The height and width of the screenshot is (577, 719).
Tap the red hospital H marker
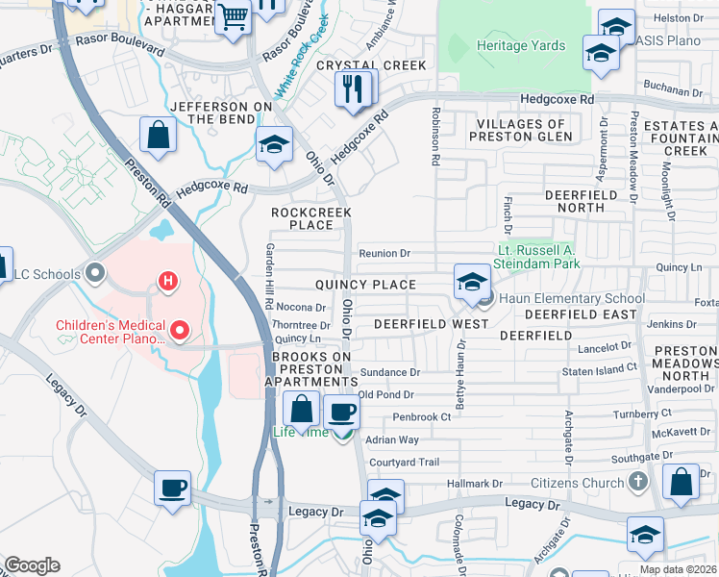pyautogui.click(x=167, y=281)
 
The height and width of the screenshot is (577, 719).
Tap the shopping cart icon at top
pyautogui.click(x=233, y=17)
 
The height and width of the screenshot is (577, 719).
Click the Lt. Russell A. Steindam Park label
pyautogui.click(x=553, y=256)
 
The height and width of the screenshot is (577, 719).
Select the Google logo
pyautogui.click(x=32, y=565)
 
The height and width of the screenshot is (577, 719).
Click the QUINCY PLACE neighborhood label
pyautogui.click(x=365, y=285)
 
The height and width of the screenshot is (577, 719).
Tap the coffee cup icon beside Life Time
pyautogui.click(x=341, y=413)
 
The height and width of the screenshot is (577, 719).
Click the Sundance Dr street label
pyautogui.click(x=388, y=372)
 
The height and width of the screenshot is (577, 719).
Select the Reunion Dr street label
pyautogui.click(x=384, y=254)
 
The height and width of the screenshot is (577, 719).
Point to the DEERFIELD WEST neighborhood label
pyautogui.click(x=431, y=325)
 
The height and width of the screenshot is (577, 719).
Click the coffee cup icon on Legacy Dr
pyautogui.click(x=172, y=488)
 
